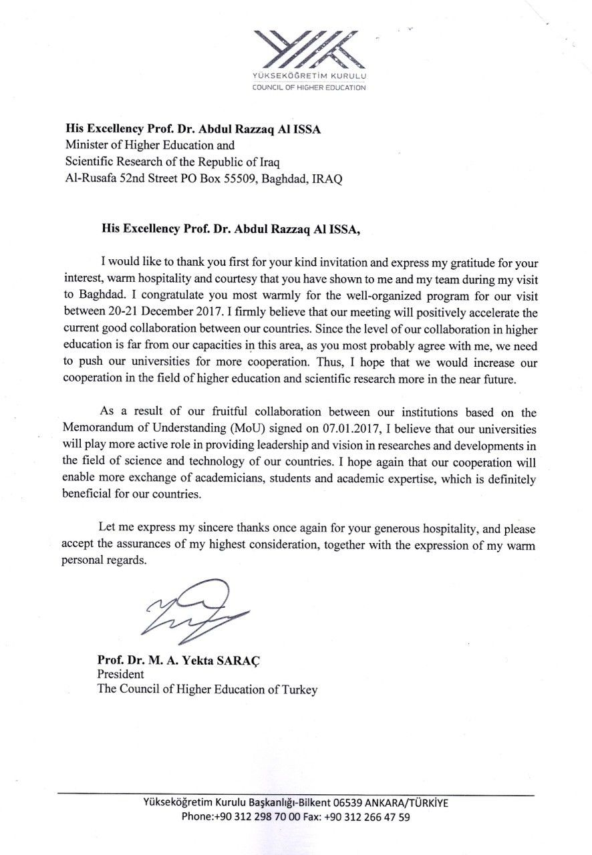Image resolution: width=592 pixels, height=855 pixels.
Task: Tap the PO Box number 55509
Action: click(237, 179)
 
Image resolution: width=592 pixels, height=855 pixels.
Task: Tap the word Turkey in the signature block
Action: click(297, 689)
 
